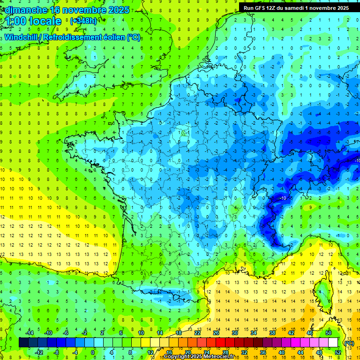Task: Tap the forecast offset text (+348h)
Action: coord(83,21)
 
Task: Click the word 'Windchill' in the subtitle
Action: coord(22,37)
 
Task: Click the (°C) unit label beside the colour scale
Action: coord(349,343)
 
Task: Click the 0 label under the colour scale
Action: coord(93,352)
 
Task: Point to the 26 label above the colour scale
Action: coord(216,333)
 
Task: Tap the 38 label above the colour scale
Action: coord(272,333)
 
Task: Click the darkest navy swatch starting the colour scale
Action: coord(24,343)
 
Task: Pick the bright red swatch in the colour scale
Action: coord(221,343)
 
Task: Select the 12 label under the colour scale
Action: coord(150,352)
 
